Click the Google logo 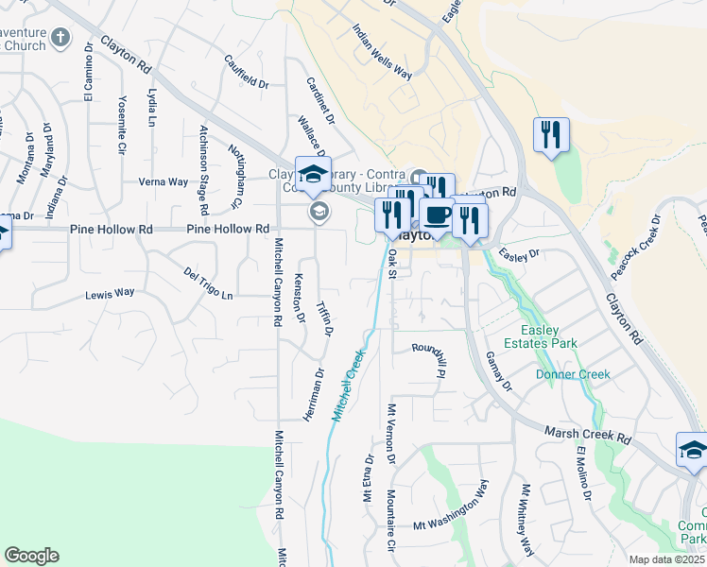(31, 556)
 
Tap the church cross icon (60, 39)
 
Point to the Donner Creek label (573, 374)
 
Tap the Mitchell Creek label (348, 386)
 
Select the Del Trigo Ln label (208, 283)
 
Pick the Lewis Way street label (110, 294)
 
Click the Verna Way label (163, 181)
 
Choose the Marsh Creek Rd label (587, 436)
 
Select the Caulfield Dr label (246, 72)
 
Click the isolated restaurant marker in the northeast (550, 134)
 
